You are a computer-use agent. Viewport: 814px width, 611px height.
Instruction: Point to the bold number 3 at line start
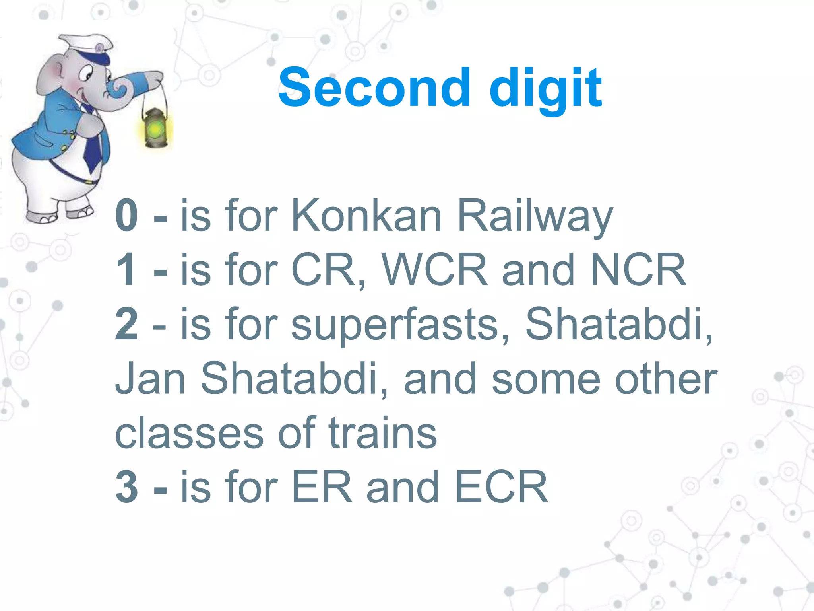[127, 486]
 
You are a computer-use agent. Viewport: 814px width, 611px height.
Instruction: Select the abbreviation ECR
[501, 486]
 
